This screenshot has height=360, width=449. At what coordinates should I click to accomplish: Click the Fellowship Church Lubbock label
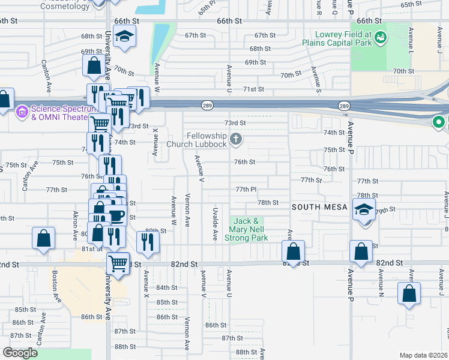click(x=206, y=140)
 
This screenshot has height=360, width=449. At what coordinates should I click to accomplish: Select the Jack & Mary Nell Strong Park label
click(x=246, y=230)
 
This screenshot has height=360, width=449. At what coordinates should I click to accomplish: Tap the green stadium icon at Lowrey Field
click(x=379, y=39)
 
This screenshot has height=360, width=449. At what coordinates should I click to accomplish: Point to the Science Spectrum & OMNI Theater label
click(x=59, y=113)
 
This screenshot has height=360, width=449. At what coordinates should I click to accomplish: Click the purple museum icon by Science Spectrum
click(x=22, y=112)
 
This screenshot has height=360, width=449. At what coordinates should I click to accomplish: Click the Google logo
click(x=20, y=353)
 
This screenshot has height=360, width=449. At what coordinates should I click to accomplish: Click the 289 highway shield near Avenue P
click(x=343, y=106)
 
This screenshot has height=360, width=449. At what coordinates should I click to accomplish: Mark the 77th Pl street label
click(x=246, y=189)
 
